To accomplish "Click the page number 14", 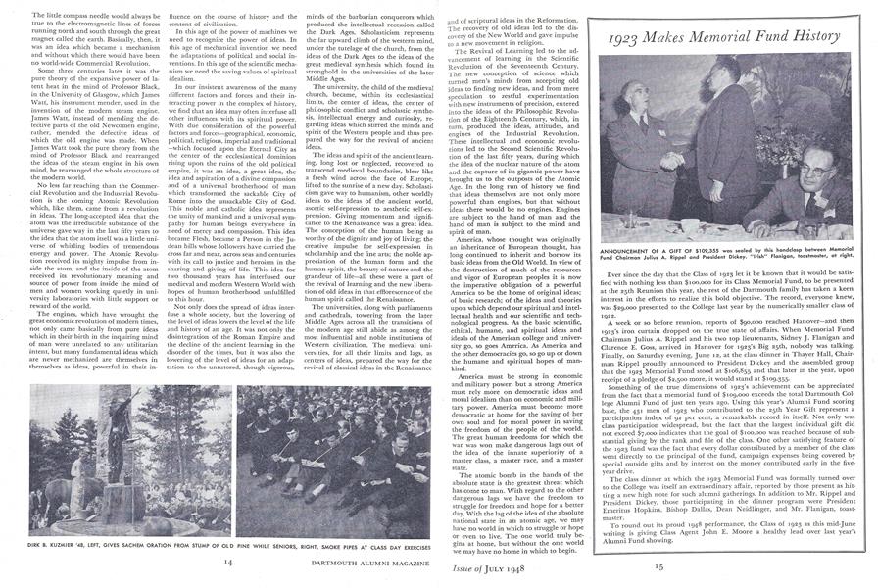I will point(226,561).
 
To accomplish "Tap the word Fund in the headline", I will point(764,40).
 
